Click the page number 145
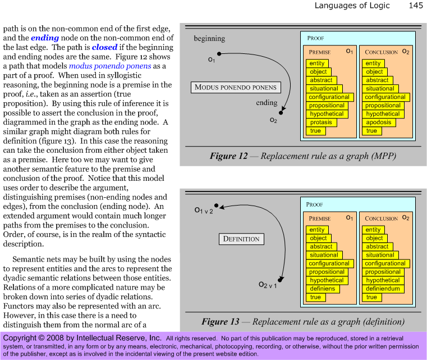(416, 6)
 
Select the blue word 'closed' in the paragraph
(104, 47)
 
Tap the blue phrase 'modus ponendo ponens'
(110, 66)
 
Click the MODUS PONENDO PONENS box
(236, 88)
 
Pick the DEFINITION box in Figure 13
(241, 239)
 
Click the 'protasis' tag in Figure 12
(322, 122)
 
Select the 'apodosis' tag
(379, 122)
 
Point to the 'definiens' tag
(323, 289)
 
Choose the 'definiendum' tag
(383, 289)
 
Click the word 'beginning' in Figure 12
(209, 39)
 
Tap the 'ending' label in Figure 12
(267, 103)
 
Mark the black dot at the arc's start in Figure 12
(219, 54)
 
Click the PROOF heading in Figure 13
(314, 204)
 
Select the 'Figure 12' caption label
(228, 156)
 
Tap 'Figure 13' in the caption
(221, 322)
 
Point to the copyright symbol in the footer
(42, 338)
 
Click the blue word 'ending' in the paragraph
(45, 38)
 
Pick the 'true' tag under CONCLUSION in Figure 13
(371, 297)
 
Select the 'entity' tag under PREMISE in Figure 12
(317, 63)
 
